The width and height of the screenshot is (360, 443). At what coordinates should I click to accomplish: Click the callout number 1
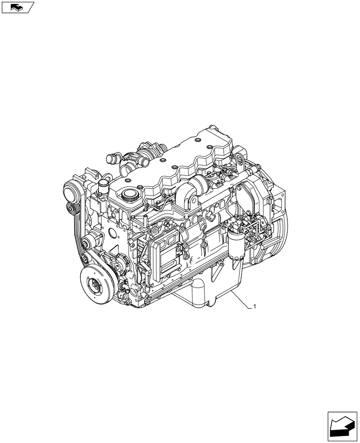point(255,306)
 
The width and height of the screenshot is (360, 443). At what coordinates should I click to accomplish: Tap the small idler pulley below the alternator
point(70,210)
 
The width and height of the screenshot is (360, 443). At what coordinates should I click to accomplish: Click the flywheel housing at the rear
point(270,221)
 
